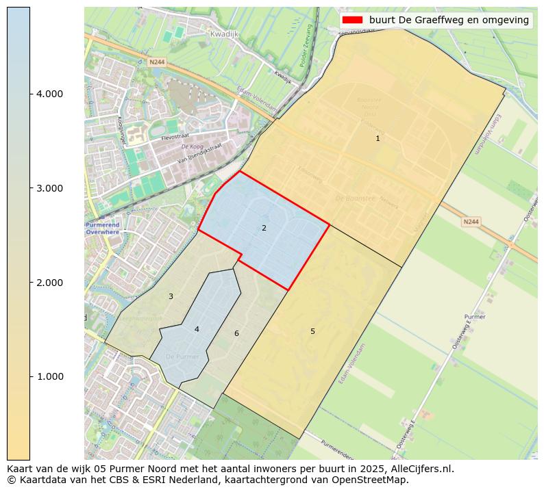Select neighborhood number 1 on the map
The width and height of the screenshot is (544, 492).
click(x=378, y=138)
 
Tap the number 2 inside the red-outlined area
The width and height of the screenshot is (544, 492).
click(x=264, y=228)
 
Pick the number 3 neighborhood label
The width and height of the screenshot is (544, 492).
click(x=171, y=296)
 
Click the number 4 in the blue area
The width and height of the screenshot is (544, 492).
click(x=197, y=329)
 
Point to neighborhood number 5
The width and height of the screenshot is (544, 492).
click(x=312, y=331)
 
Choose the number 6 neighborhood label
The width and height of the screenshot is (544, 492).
click(x=236, y=333)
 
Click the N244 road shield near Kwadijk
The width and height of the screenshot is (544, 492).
click(x=157, y=62)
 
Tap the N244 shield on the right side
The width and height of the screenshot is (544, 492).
click(x=471, y=222)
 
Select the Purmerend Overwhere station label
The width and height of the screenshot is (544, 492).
click(x=102, y=229)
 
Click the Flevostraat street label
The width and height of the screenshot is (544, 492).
click(x=175, y=137)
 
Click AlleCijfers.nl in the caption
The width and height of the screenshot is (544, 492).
click(x=419, y=469)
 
